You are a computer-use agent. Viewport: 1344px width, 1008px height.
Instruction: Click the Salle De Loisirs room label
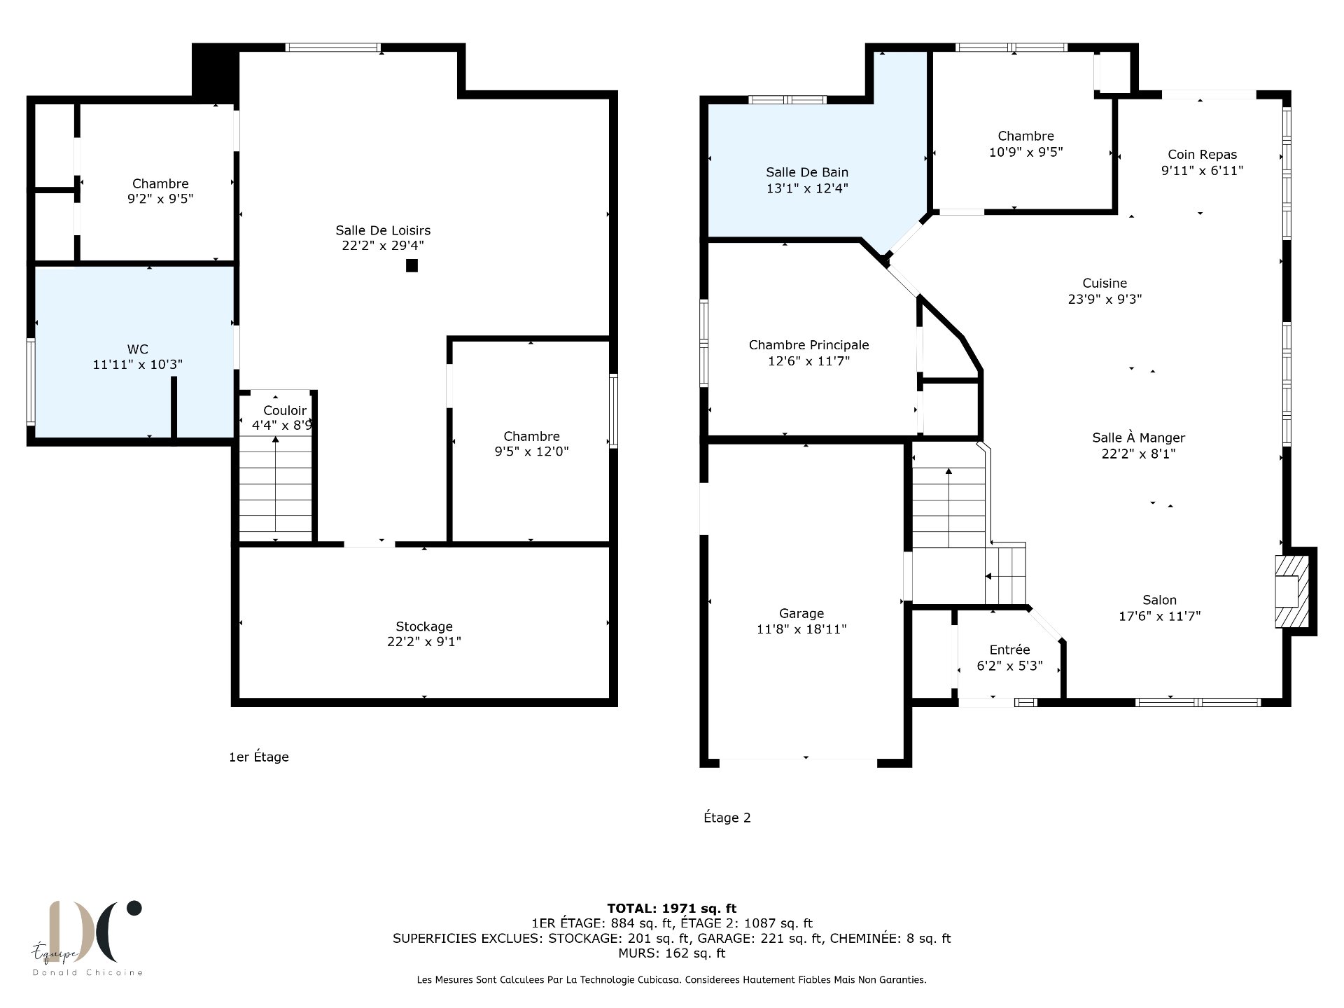tap(383, 230)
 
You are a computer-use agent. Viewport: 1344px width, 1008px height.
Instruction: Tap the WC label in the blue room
tap(138, 349)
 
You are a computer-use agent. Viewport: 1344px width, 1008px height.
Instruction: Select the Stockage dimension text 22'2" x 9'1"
tap(424, 642)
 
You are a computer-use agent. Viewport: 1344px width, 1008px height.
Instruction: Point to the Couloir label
tap(285, 410)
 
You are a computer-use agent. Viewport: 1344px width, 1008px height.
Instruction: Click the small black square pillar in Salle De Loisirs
tap(412, 265)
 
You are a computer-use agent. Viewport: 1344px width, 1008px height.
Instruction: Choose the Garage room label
tap(801, 614)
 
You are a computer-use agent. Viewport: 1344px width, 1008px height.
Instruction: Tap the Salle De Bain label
tap(807, 172)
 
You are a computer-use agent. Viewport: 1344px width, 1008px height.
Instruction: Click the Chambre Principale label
tap(809, 345)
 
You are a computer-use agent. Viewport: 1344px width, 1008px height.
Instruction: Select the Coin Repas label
tap(1202, 155)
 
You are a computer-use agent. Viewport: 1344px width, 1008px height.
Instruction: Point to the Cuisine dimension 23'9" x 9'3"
tap(1105, 299)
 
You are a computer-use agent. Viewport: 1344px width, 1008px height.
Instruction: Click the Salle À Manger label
tap(1139, 437)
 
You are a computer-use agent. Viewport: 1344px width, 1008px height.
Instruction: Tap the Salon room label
tap(1160, 600)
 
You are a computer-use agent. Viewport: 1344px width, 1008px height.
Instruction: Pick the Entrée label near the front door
tap(1009, 650)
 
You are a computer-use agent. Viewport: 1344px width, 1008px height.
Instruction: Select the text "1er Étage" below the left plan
tap(259, 757)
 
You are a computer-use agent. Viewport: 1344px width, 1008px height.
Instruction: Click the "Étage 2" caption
tap(727, 818)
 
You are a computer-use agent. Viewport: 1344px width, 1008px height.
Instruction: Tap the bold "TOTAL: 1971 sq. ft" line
tap(672, 909)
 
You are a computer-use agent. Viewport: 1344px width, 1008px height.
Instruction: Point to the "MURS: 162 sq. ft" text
tap(672, 953)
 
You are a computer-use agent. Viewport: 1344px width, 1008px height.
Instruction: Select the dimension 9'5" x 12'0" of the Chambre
tap(531, 451)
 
